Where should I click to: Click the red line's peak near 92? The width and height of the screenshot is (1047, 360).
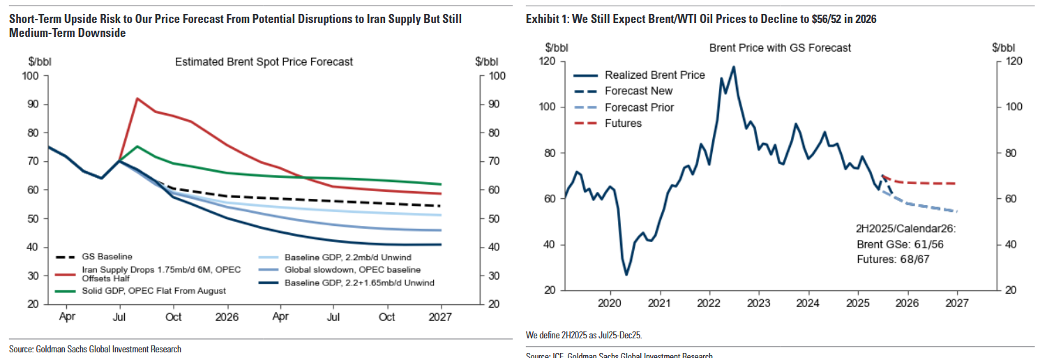tap(137, 98)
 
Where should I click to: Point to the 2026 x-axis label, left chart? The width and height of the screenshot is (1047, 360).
tap(227, 316)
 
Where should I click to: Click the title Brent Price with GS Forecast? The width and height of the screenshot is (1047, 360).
tap(780, 48)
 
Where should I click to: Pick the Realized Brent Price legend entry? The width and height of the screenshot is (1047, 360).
tap(655, 75)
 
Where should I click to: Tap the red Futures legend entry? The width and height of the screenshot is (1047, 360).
tap(623, 123)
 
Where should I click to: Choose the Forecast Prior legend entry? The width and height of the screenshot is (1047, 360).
tap(639, 107)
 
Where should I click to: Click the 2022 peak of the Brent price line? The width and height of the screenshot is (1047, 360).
tap(733, 67)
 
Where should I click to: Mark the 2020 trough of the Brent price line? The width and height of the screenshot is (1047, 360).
tap(626, 274)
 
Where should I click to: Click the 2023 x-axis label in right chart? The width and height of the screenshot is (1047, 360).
tap(758, 303)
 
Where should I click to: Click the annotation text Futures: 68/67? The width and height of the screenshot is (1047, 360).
tap(893, 259)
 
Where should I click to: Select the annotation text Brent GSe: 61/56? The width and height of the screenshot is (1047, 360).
tap(900, 244)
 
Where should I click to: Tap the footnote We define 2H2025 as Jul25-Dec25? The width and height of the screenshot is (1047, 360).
tap(584, 336)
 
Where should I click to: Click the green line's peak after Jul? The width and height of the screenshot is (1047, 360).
tap(137, 147)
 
